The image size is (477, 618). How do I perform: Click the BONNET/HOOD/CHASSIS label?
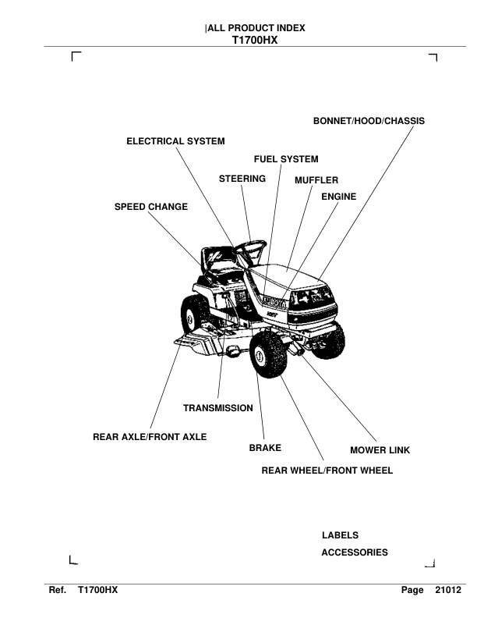[x=369, y=122]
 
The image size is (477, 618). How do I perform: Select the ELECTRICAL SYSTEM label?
[x=175, y=141]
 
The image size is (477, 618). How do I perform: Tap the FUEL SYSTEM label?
[x=286, y=159]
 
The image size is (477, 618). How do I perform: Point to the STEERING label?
[x=242, y=179]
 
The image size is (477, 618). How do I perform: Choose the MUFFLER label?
[x=316, y=179]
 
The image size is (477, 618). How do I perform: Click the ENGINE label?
[x=338, y=197]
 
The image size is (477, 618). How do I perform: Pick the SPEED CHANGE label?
[x=151, y=207]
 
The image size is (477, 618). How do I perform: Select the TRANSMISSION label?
[x=217, y=408]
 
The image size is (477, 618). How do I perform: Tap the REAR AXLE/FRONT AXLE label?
[x=150, y=437]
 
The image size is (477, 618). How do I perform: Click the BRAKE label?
[x=265, y=449]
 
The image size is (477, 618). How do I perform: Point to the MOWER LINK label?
[x=380, y=450]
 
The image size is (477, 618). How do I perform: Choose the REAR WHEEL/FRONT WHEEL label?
[x=327, y=471]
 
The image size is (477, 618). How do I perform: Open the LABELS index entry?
[x=340, y=535]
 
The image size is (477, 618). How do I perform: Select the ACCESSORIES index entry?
[x=354, y=552]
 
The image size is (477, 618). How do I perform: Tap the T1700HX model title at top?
[x=255, y=41]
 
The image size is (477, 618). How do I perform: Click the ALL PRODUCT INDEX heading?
[x=256, y=29]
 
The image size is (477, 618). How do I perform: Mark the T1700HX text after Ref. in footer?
[x=97, y=592]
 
